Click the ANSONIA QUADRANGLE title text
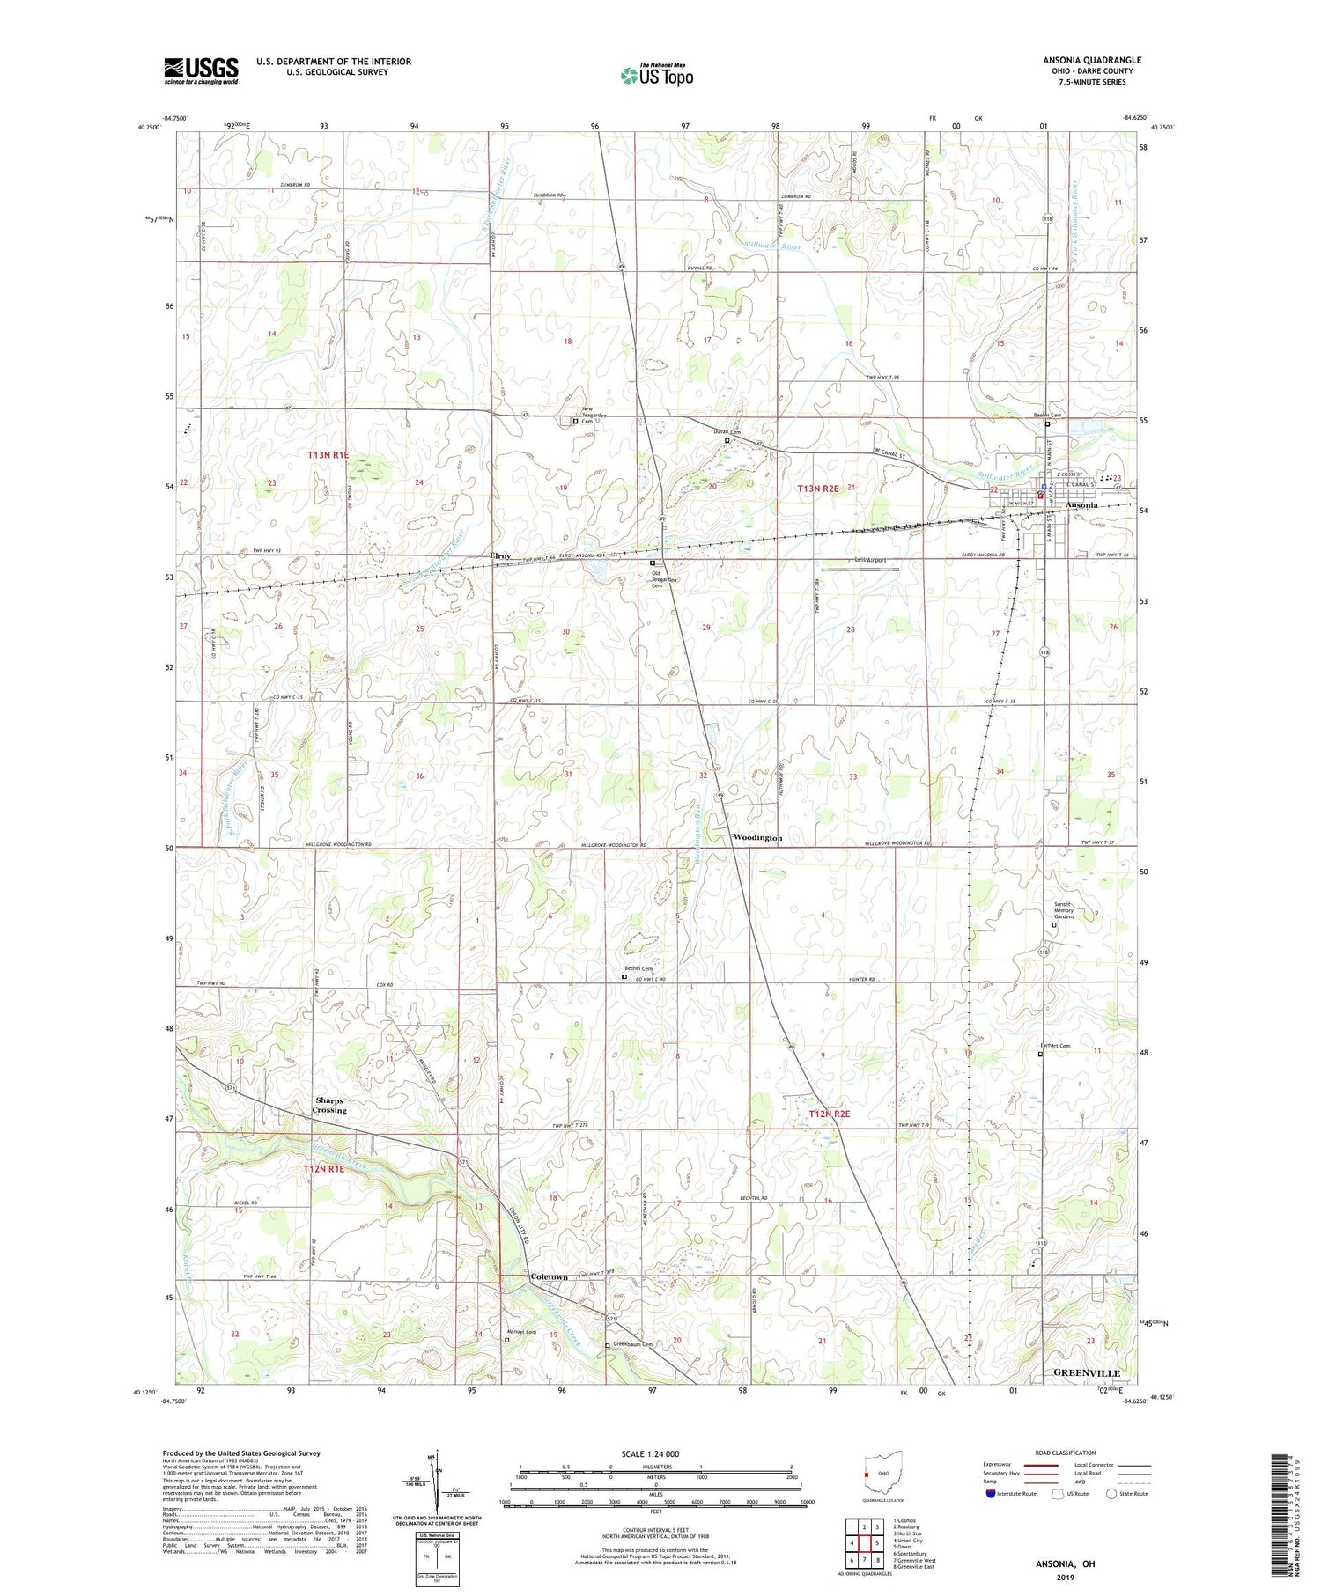click(x=1091, y=60)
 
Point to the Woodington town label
click(x=756, y=838)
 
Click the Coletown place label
click(x=549, y=1277)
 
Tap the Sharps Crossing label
click(x=330, y=1106)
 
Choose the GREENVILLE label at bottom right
click(x=1087, y=1372)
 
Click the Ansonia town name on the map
click(x=1081, y=505)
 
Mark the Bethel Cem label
click(x=638, y=968)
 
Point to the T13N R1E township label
click(x=328, y=455)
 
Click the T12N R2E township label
click(x=830, y=1114)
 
